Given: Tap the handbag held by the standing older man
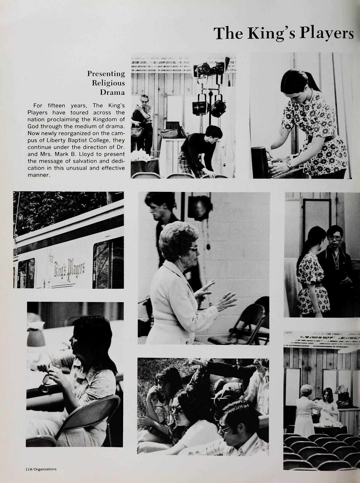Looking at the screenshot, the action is coord(137,131).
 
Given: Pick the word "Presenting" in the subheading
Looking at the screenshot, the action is coord(106,74).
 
